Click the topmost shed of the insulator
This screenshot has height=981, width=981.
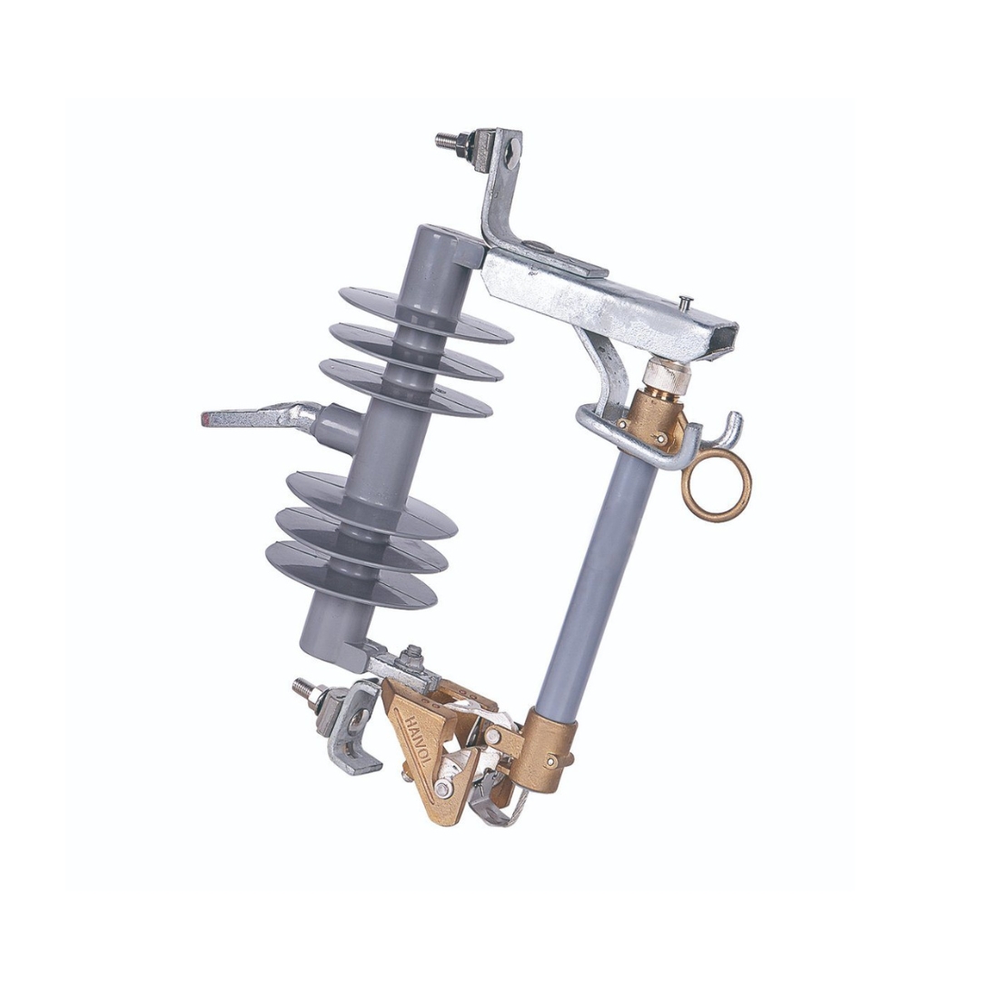coord(425,315)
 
